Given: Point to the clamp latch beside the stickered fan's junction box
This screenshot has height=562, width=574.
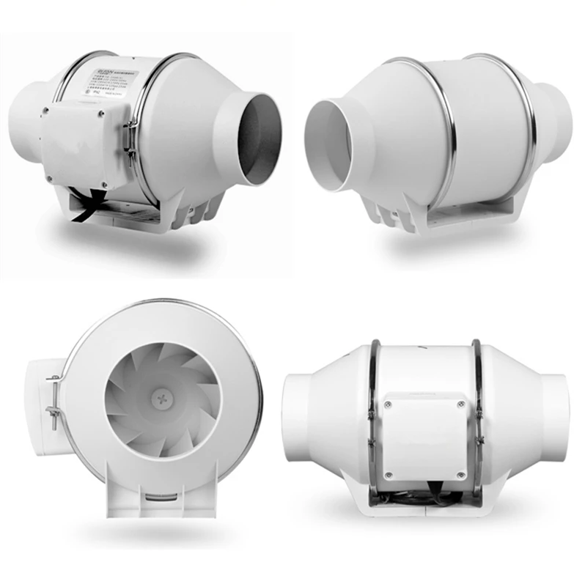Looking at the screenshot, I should [x=130, y=139].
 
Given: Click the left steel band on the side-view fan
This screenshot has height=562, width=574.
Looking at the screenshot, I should [x=374, y=418].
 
